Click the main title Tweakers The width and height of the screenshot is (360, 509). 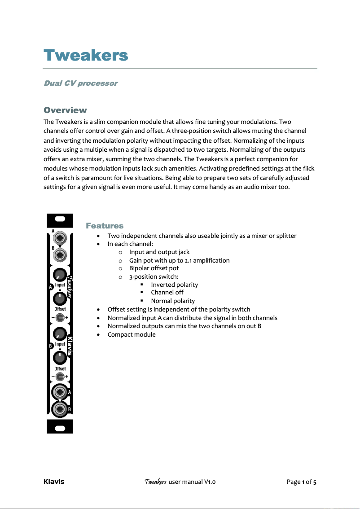click(x=86, y=56)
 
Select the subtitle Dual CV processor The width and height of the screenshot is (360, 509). click(x=80, y=83)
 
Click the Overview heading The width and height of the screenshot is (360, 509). click(x=65, y=110)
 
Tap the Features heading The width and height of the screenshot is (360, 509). click(x=105, y=225)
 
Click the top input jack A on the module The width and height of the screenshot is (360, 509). click(x=60, y=238)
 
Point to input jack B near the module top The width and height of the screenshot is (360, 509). click(x=60, y=256)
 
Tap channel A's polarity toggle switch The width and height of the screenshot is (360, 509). click(x=60, y=317)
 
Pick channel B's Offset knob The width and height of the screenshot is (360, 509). click(x=60, y=358)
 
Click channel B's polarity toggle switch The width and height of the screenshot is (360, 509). click(x=60, y=377)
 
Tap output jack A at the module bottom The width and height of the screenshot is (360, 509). click(x=59, y=392)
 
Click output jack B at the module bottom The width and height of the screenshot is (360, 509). click(x=59, y=409)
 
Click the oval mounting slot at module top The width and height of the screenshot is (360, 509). click(x=60, y=220)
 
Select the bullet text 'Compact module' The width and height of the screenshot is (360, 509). click(x=132, y=334)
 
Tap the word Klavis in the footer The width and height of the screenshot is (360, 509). click(x=54, y=482)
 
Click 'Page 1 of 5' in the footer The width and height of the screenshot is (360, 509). click(x=302, y=482)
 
